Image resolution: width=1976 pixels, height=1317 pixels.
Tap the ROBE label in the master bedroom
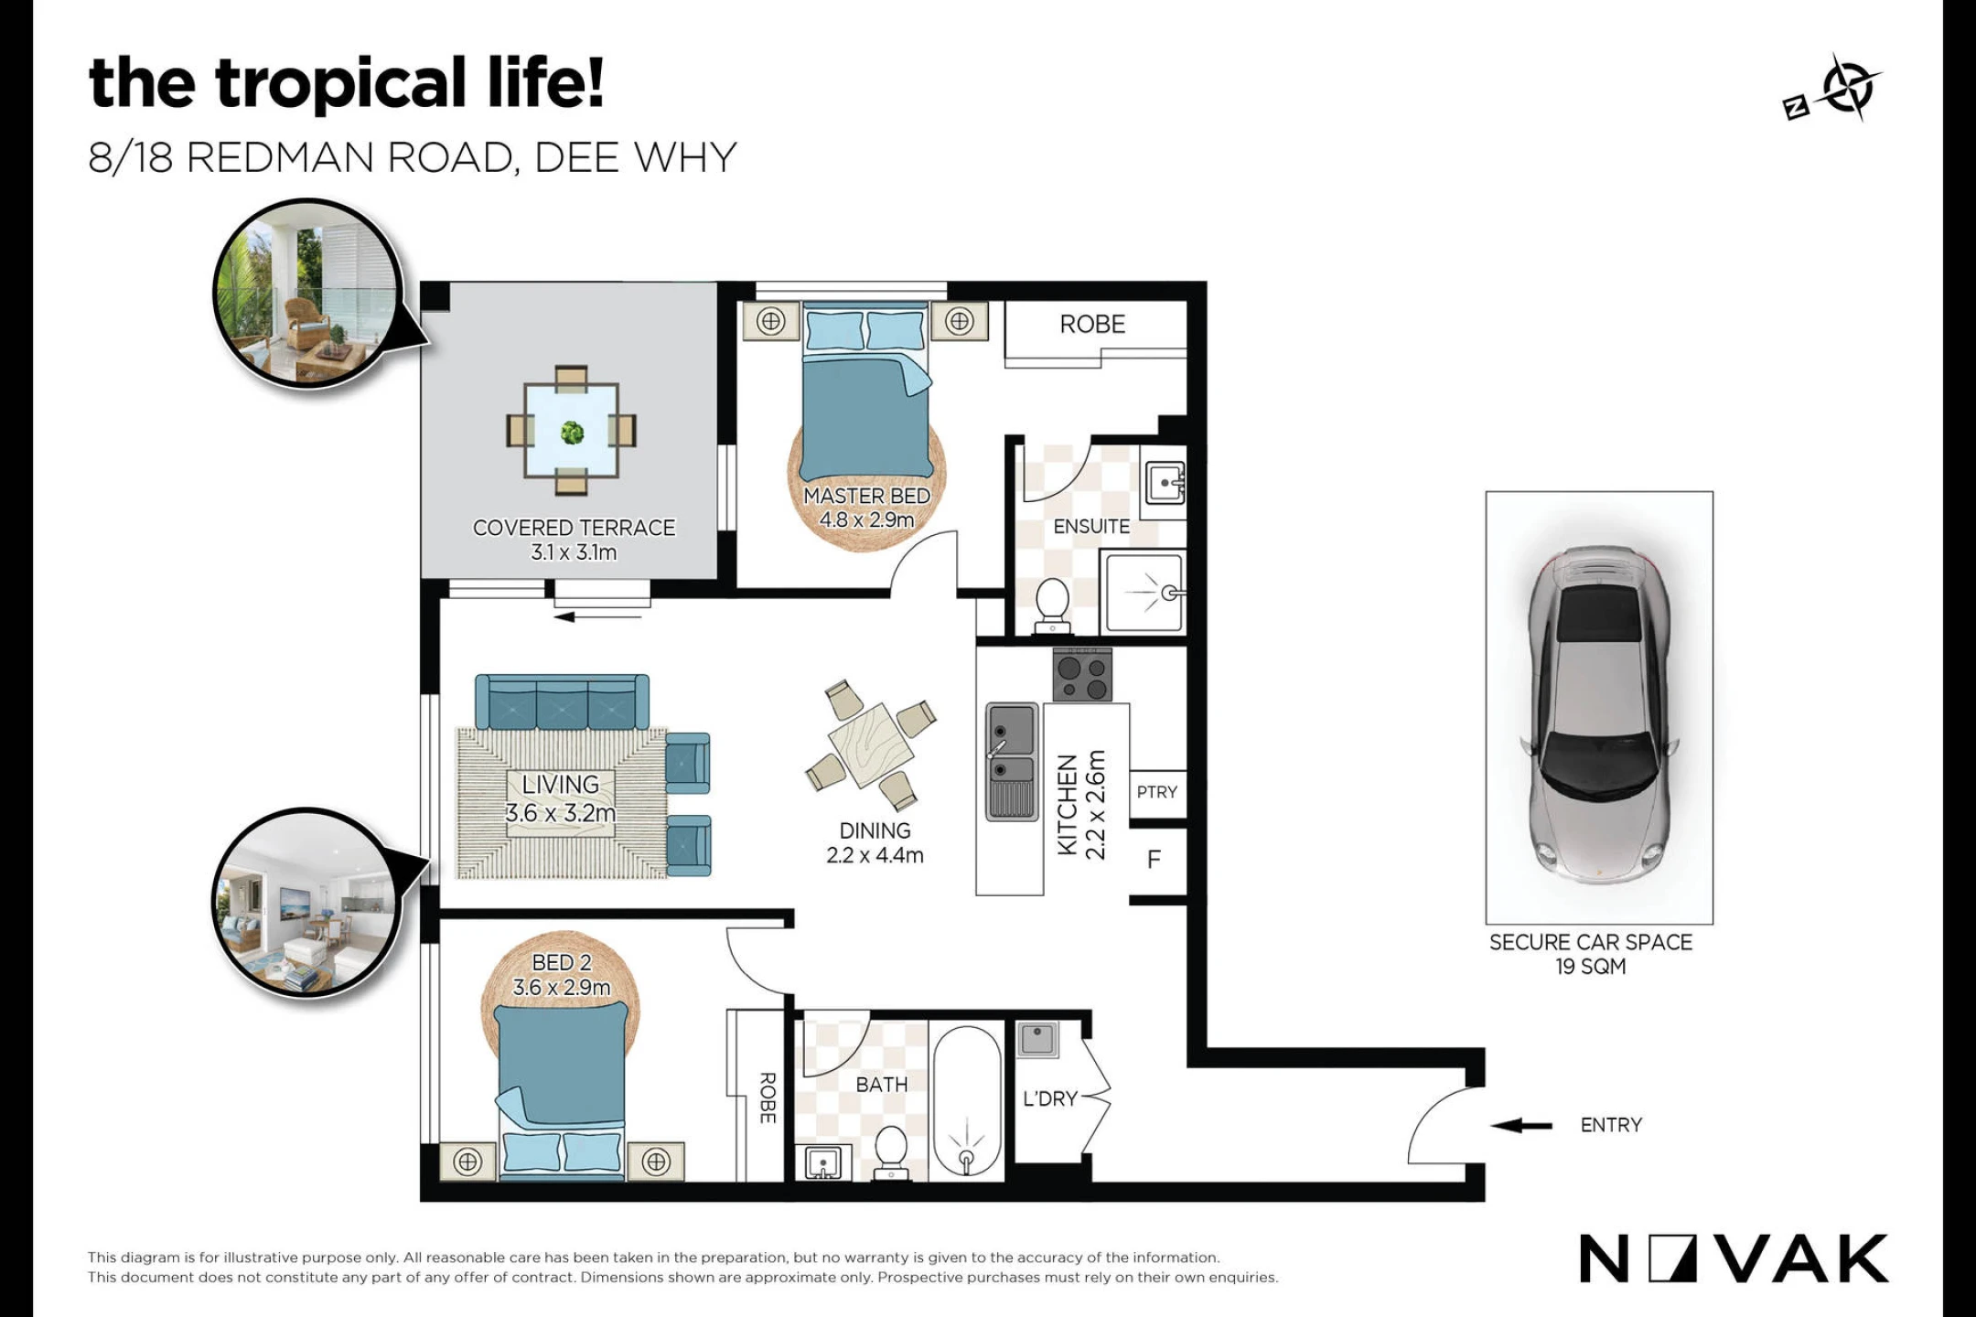coord(1092,324)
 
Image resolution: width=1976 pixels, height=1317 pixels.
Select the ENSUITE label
coord(1091,527)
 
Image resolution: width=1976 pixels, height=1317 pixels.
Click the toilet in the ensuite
coord(1052,605)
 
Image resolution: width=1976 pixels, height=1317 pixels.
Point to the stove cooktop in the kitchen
coord(1082,675)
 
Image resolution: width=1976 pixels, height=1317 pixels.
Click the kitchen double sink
coord(1011,761)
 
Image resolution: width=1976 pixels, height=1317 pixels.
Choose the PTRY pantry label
coord(1157,792)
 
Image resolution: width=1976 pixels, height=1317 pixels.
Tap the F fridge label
coord(1154,859)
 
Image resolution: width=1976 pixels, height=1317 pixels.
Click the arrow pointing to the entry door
coord(1521,1125)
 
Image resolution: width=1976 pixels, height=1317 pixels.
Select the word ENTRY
coord(1611,1125)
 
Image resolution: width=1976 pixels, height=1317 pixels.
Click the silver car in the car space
coord(1599,714)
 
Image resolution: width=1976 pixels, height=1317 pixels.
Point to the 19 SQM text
coord(1591,967)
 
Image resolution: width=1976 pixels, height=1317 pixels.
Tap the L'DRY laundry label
coord(1050,1098)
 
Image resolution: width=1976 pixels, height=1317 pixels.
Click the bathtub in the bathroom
coord(967,1104)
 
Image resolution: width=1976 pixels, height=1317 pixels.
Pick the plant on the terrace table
coord(573,432)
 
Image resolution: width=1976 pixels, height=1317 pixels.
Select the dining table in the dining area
coord(871,744)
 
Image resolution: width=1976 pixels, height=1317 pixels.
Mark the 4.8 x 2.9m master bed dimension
coord(866,519)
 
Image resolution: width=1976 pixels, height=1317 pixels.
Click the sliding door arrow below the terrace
coord(598,616)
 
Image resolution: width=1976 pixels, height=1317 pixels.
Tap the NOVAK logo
coord(1734,1258)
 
